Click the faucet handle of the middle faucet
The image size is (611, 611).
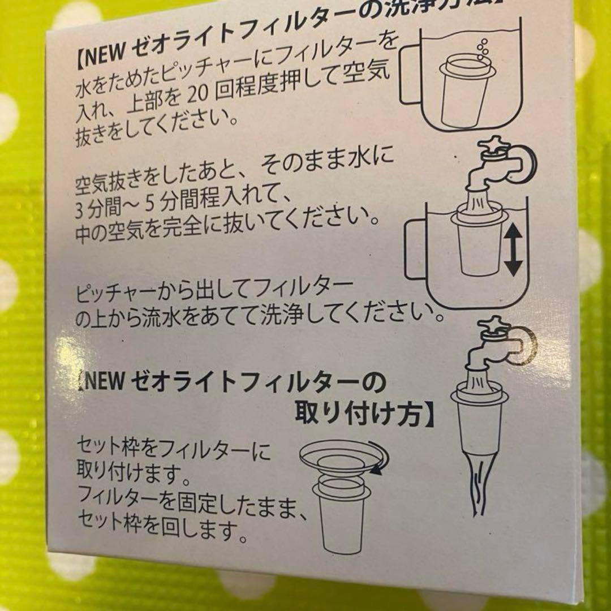pos(490,145)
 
